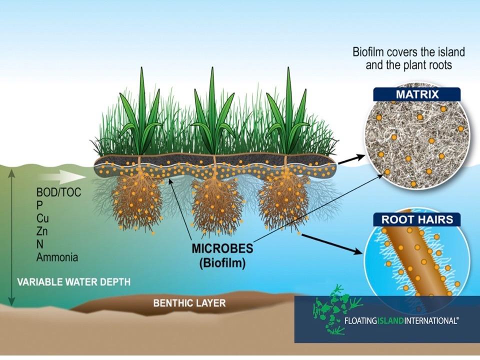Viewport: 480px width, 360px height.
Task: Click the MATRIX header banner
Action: [x=416, y=94]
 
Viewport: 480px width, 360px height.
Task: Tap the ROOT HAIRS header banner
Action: [x=416, y=219]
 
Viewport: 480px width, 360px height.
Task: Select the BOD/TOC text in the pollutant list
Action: [x=58, y=192]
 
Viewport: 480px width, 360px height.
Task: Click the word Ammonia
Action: [x=57, y=258]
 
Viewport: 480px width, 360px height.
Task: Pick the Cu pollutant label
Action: [x=42, y=218]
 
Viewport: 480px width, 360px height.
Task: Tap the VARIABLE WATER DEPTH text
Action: [x=74, y=282]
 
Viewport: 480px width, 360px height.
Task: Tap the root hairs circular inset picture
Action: [x=416, y=260]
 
